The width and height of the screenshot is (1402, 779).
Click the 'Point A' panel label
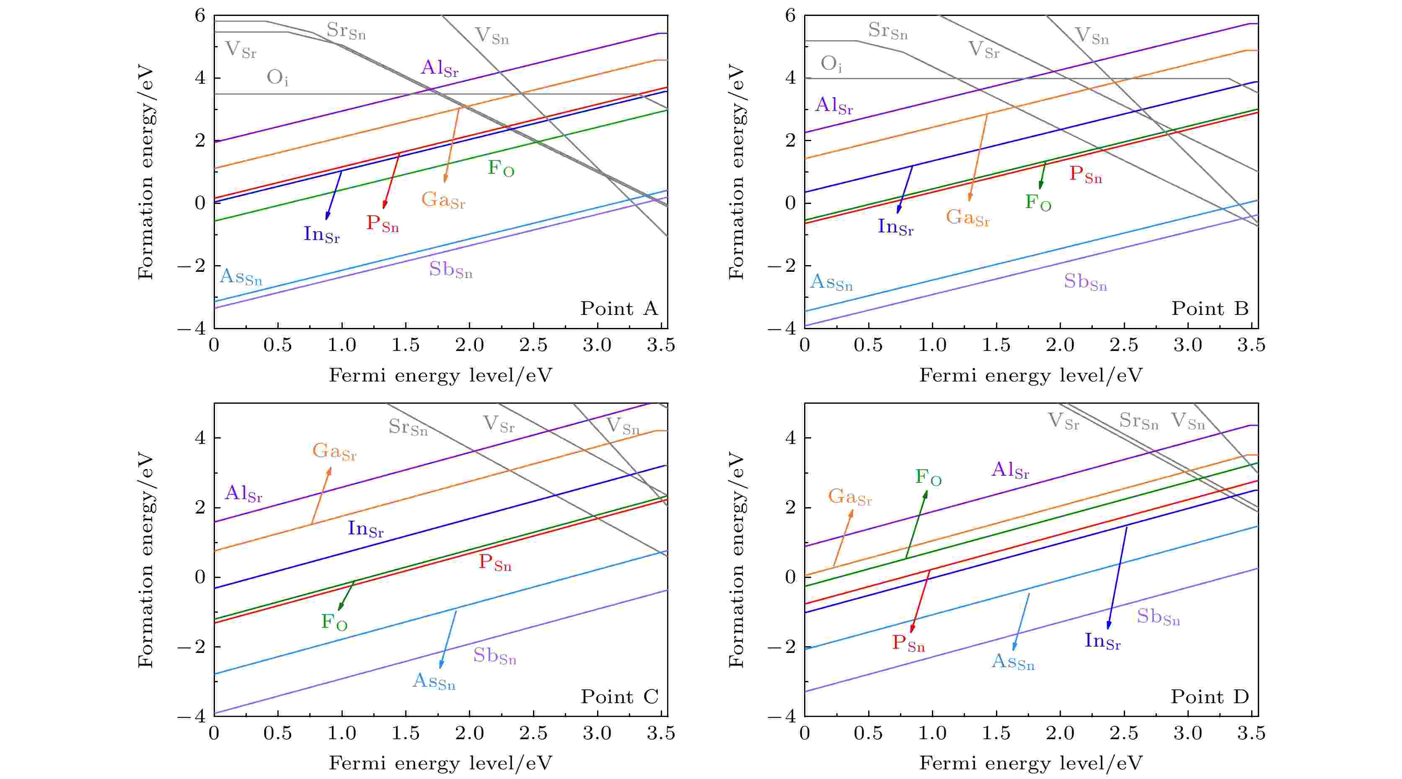619,308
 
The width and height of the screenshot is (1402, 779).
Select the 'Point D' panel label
1209,696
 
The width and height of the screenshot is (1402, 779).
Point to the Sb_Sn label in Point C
494,656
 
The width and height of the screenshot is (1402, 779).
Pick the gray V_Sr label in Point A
241,50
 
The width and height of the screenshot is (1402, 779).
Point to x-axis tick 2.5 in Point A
533,345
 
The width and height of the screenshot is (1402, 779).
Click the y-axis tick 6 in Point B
790,16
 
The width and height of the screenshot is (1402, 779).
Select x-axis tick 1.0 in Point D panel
932,733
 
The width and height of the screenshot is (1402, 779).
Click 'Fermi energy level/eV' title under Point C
440,763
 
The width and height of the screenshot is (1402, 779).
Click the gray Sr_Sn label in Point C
408,427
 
